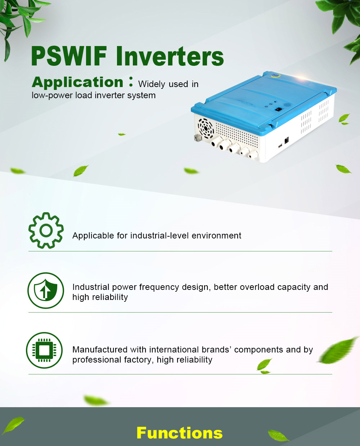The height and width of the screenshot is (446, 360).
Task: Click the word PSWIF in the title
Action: coord(69,56)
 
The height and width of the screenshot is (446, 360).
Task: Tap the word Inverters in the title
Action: coord(170,56)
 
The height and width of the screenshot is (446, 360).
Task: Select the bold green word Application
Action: coord(78,83)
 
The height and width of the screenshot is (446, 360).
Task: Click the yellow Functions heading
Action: coord(180,433)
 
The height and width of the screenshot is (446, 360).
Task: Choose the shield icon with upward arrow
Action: coord(46,290)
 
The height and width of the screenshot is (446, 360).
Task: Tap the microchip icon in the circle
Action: coord(44,350)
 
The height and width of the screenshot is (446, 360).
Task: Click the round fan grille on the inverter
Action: coord(206,128)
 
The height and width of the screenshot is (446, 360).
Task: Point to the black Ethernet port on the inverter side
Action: coord(287,140)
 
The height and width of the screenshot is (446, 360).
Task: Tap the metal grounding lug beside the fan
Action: coord(197,138)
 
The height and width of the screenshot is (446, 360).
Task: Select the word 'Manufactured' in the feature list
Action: coord(100,350)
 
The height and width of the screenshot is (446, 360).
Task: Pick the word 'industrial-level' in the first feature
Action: coord(159,236)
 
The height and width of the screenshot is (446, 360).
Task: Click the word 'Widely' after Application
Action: coord(152,85)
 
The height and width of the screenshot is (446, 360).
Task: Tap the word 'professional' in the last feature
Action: coord(97,360)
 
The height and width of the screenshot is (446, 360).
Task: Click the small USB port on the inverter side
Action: coord(280,146)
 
